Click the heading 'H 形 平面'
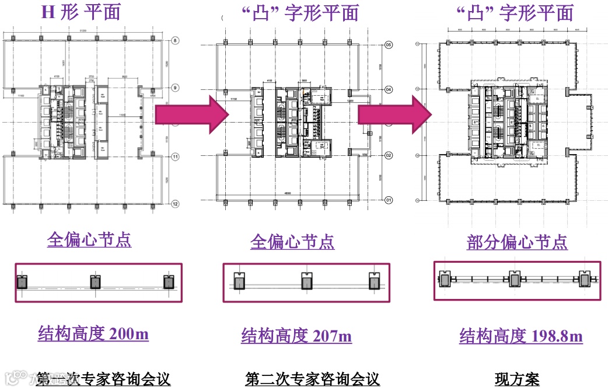click(81, 12)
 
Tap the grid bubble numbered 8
click(174, 41)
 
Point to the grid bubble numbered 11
click(174, 156)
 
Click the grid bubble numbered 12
click(174, 204)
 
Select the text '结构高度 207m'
click(296, 336)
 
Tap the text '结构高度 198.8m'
click(520, 336)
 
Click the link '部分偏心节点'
click(517, 242)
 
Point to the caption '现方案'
click(517, 379)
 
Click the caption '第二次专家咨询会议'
click(313, 379)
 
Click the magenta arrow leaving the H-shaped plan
click(191, 114)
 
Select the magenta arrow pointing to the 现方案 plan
click(393, 114)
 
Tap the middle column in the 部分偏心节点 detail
click(515, 280)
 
